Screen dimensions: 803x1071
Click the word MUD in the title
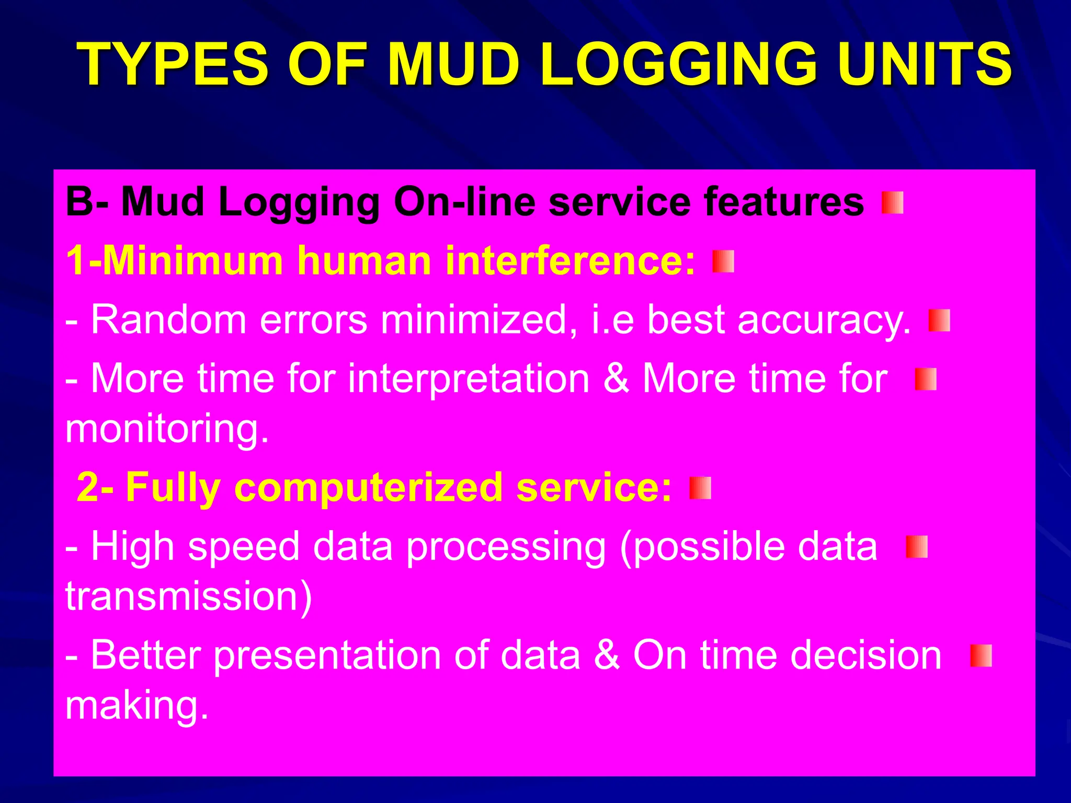[x=453, y=65]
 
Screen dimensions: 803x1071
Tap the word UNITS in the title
[x=924, y=65]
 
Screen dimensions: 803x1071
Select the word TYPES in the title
[x=172, y=65]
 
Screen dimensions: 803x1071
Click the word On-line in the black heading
[x=464, y=202]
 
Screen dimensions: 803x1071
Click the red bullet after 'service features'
[x=892, y=203]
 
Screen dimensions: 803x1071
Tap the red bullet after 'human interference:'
[x=723, y=261]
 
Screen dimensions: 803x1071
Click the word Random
[x=168, y=319]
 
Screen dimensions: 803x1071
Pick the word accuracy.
[x=824, y=319]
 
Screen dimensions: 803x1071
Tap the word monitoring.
[x=167, y=429]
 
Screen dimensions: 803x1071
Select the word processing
[x=506, y=547]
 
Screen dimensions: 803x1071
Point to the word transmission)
[x=188, y=596]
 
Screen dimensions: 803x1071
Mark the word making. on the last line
[x=137, y=706]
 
